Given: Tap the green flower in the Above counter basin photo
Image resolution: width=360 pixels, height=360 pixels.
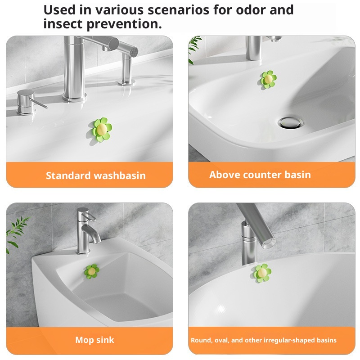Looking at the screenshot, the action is pyautogui.click(x=268, y=79).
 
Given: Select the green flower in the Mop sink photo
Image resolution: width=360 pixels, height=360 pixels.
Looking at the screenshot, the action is pyautogui.click(x=92, y=271).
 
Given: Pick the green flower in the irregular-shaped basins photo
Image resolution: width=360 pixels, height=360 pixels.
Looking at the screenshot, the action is pyautogui.click(x=262, y=273).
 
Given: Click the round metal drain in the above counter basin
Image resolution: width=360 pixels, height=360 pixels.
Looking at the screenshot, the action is pyautogui.click(x=290, y=122).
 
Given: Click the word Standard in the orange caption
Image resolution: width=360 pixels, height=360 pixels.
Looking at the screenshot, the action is pyautogui.click(x=68, y=175).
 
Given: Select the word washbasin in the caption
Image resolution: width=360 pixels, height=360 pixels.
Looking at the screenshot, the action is pyautogui.click(x=120, y=175).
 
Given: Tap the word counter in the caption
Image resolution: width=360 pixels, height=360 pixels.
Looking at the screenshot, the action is pyautogui.click(x=262, y=175).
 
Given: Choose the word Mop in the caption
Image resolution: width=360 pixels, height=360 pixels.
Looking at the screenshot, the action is pyautogui.click(x=83, y=340).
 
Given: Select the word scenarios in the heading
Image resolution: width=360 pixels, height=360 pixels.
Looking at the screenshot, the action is pyautogui.click(x=178, y=10).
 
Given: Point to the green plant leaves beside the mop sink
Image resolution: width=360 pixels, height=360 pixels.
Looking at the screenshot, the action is pyautogui.click(x=17, y=232).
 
